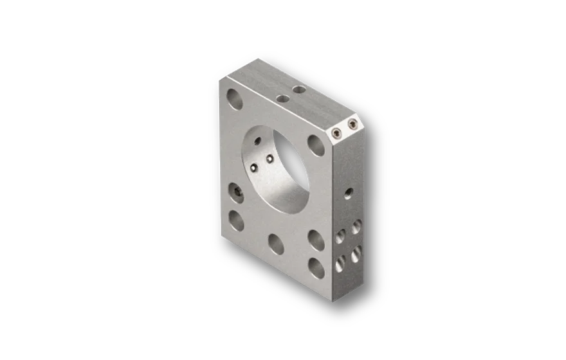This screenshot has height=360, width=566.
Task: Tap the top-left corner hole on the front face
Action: (235, 98)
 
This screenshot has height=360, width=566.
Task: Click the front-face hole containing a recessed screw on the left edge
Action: (237, 192)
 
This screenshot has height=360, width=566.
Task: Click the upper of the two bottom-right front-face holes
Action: (315, 239)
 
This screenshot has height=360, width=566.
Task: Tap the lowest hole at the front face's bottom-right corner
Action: (316, 267)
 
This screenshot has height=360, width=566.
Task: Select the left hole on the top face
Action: (281, 98)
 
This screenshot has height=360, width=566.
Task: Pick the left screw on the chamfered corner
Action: (337, 133)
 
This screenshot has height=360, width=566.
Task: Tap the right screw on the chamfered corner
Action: (351, 123)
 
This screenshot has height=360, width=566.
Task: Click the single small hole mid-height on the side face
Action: (348, 192)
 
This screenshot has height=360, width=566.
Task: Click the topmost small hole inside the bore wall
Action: (257, 140)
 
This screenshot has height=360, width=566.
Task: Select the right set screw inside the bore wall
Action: (269, 158)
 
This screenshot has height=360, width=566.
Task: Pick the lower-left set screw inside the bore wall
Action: (255, 168)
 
